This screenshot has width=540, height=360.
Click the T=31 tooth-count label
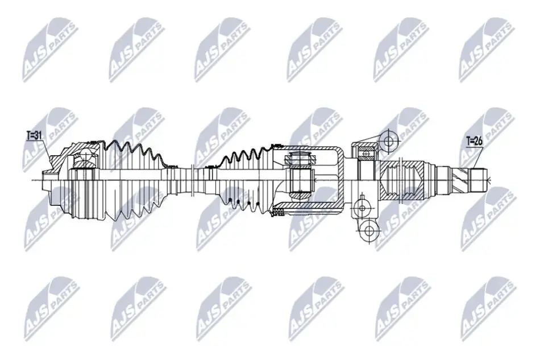(34, 135)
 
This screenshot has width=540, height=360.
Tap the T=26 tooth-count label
(474, 141)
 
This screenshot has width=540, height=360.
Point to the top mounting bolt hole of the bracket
(388, 141)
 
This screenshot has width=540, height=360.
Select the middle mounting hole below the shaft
(362, 208)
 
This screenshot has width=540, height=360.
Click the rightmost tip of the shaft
(488, 180)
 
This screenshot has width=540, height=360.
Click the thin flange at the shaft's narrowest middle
(192, 179)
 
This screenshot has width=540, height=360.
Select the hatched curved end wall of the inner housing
(340, 179)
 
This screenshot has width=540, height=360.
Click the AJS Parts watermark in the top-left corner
(49, 50)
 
